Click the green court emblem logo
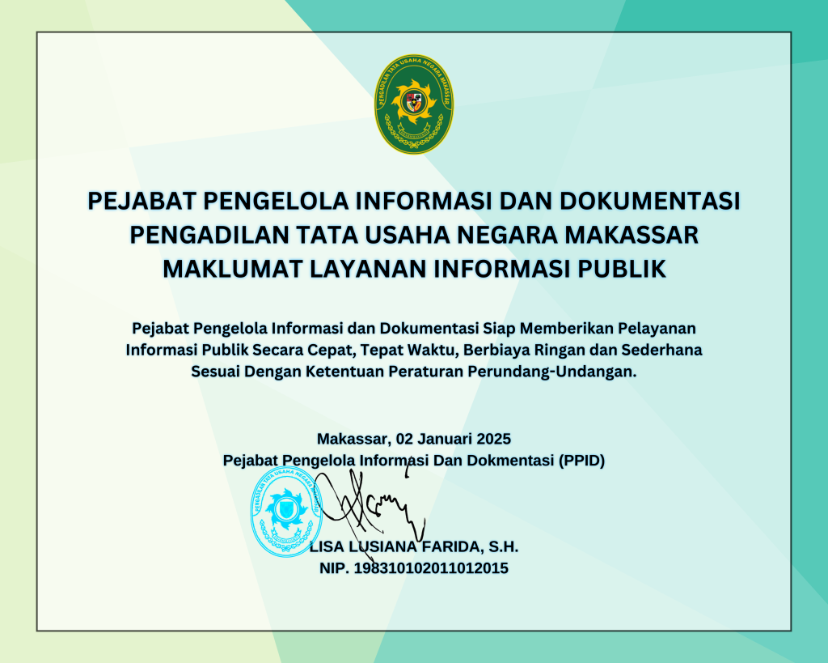(413, 104)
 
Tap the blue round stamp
(286, 512)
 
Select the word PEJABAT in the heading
(142, 201)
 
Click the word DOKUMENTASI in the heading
(649, 201)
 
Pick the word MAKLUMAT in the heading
(232, 269)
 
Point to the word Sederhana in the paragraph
(661, 350)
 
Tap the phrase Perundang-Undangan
(552, 372)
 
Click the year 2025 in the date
(494, 439)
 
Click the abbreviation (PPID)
(581, 461)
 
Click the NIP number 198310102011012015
(431, 568)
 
